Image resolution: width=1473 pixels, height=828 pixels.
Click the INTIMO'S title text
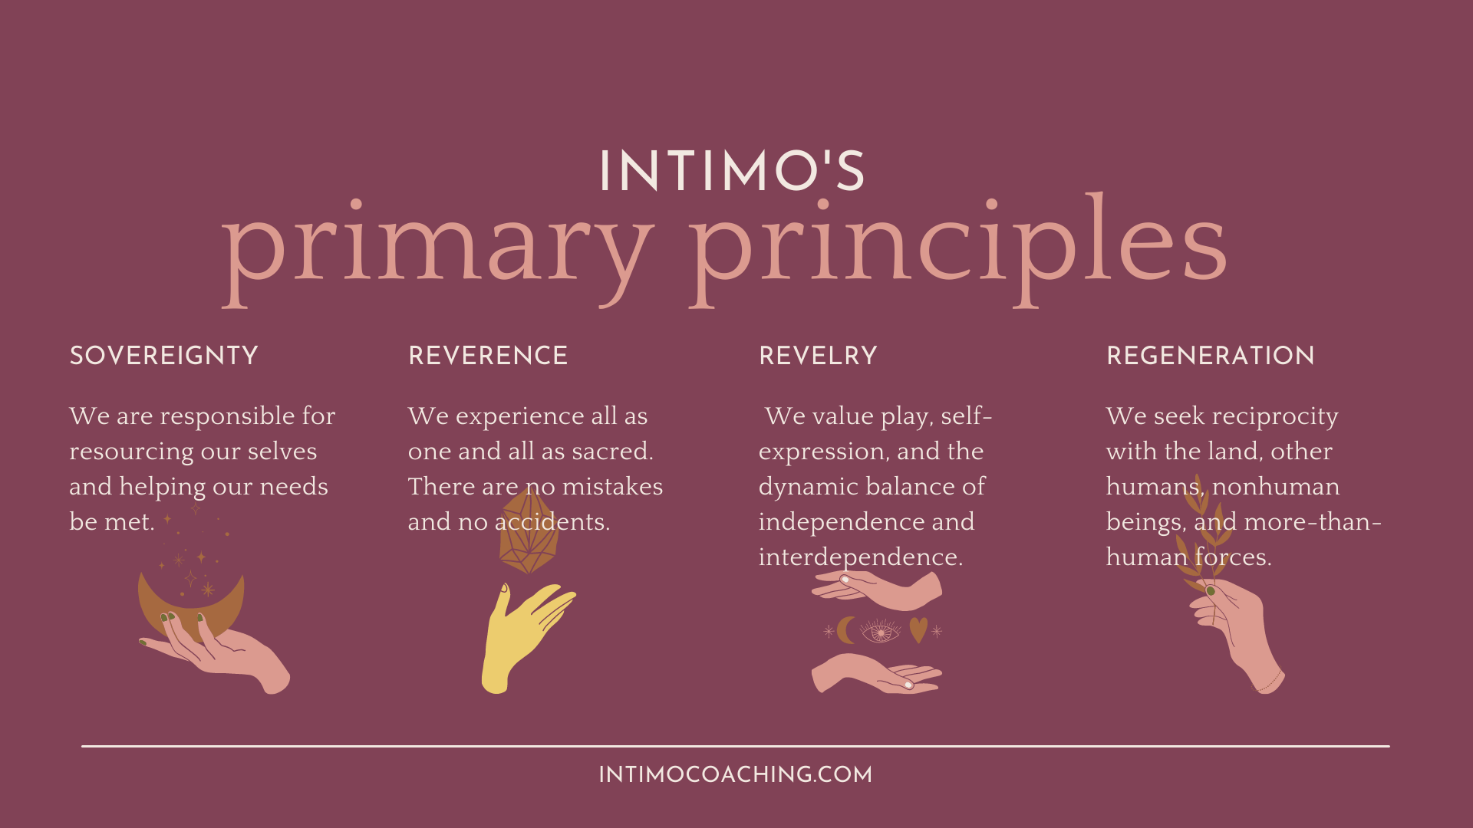[732, 170]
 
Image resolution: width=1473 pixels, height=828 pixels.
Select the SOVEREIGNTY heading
[163, 356]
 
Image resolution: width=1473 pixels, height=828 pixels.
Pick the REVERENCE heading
[488, 356]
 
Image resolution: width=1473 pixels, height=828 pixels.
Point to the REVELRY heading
[818, 356]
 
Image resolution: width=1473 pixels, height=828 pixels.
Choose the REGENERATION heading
[1211, 356]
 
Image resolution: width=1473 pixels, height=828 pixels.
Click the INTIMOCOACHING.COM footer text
[735, 774]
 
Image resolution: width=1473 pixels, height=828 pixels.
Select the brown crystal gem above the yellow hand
[529, 531]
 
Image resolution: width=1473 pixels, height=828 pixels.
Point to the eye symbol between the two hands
[880, 632]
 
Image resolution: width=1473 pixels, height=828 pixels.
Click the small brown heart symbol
[918, 629]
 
